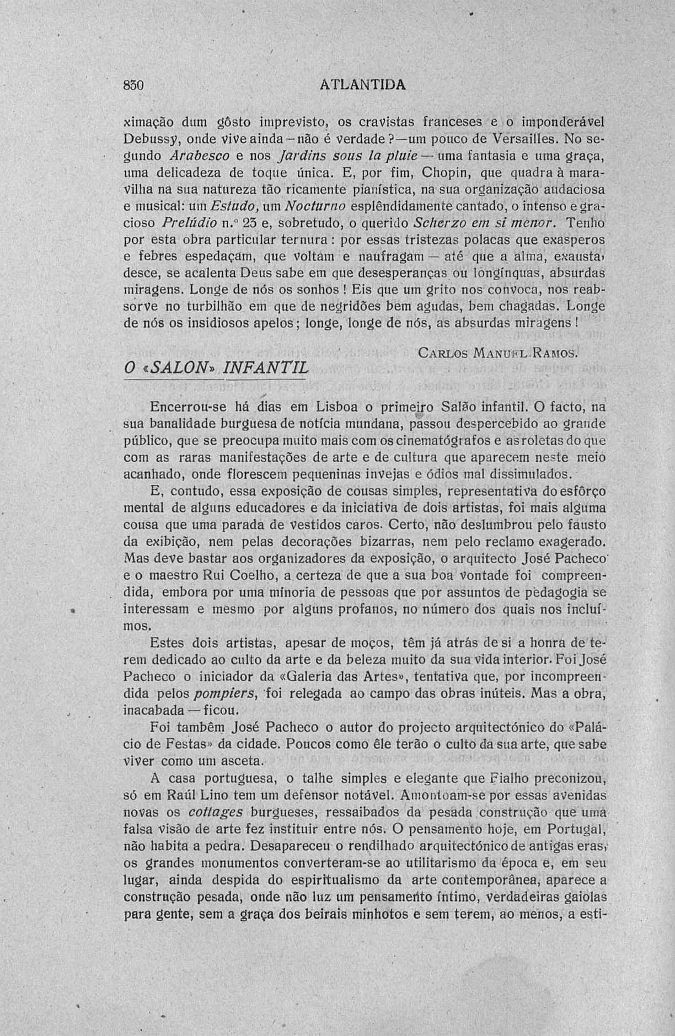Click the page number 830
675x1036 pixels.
point(133,86)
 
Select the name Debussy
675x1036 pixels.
point(145,137)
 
